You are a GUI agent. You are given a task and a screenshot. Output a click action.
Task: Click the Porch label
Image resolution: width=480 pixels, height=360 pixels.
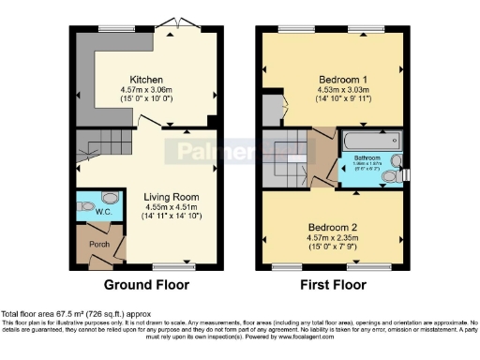pyautogui.click(x=94, y=247)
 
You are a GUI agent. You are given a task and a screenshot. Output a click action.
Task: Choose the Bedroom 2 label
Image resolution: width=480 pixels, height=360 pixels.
pyautogui.click(x=332, y=227)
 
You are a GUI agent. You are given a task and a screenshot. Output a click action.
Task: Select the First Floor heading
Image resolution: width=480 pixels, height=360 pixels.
pyautogui.click(x=332, y=285)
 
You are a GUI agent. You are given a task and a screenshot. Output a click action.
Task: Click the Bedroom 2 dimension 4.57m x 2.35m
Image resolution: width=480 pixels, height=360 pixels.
pyautogui.click(x=332, y=238)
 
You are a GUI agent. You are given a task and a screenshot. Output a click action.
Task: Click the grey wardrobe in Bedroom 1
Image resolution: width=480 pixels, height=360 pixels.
pyautogui.click(x=272, y=109)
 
